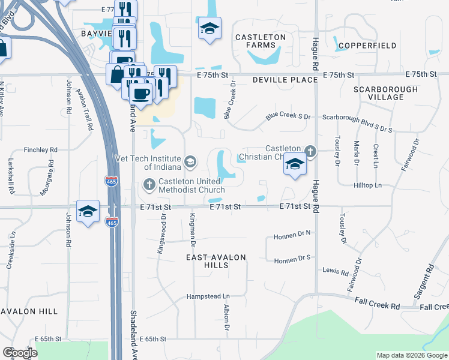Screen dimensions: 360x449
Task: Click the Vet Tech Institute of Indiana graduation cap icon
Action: click(x=190, y=160)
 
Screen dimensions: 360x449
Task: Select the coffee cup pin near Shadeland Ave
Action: click(x=140, y=94)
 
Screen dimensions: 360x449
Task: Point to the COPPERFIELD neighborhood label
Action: click(x=367, y=46)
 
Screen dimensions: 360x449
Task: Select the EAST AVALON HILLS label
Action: click(x=216, y=261)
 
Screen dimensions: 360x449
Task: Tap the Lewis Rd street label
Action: click(x=336, y=272)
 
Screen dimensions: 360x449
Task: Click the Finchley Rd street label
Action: click(x=40, y=149)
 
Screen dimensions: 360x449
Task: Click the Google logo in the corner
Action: click(x=20, y=353)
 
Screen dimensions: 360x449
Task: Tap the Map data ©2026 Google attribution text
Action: click(x=412, y=355)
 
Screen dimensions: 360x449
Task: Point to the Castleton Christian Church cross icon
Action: click(x=310, y=150)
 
